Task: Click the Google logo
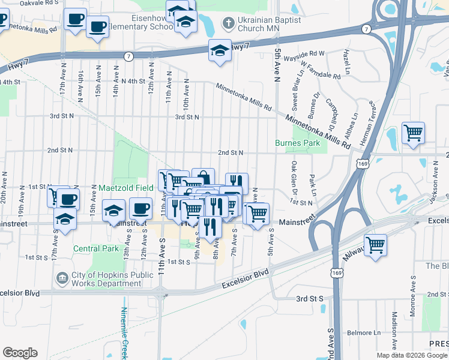click(20, 353)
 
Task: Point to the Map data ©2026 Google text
click(411, 355)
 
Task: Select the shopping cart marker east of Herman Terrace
click(414, 133)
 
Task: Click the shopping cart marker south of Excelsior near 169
click(375, 244)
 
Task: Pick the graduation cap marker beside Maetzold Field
click(113, 211)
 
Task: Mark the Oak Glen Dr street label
click(295, 173)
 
